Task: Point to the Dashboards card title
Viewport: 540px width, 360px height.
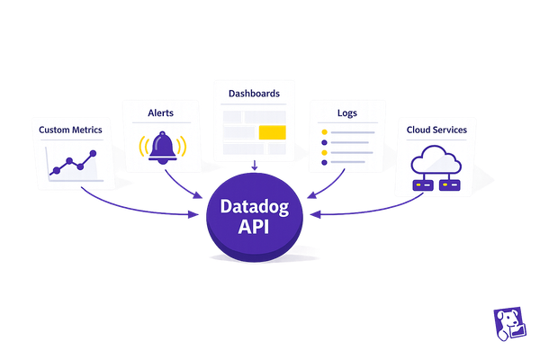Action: pos(255,94)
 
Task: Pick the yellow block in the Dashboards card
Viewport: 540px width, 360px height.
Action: pos(271,133)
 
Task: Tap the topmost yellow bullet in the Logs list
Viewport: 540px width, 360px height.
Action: pos(323,132)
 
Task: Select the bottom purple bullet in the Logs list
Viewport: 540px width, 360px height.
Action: pos(323,164)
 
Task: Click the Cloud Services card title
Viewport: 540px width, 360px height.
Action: pos(436,130)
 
